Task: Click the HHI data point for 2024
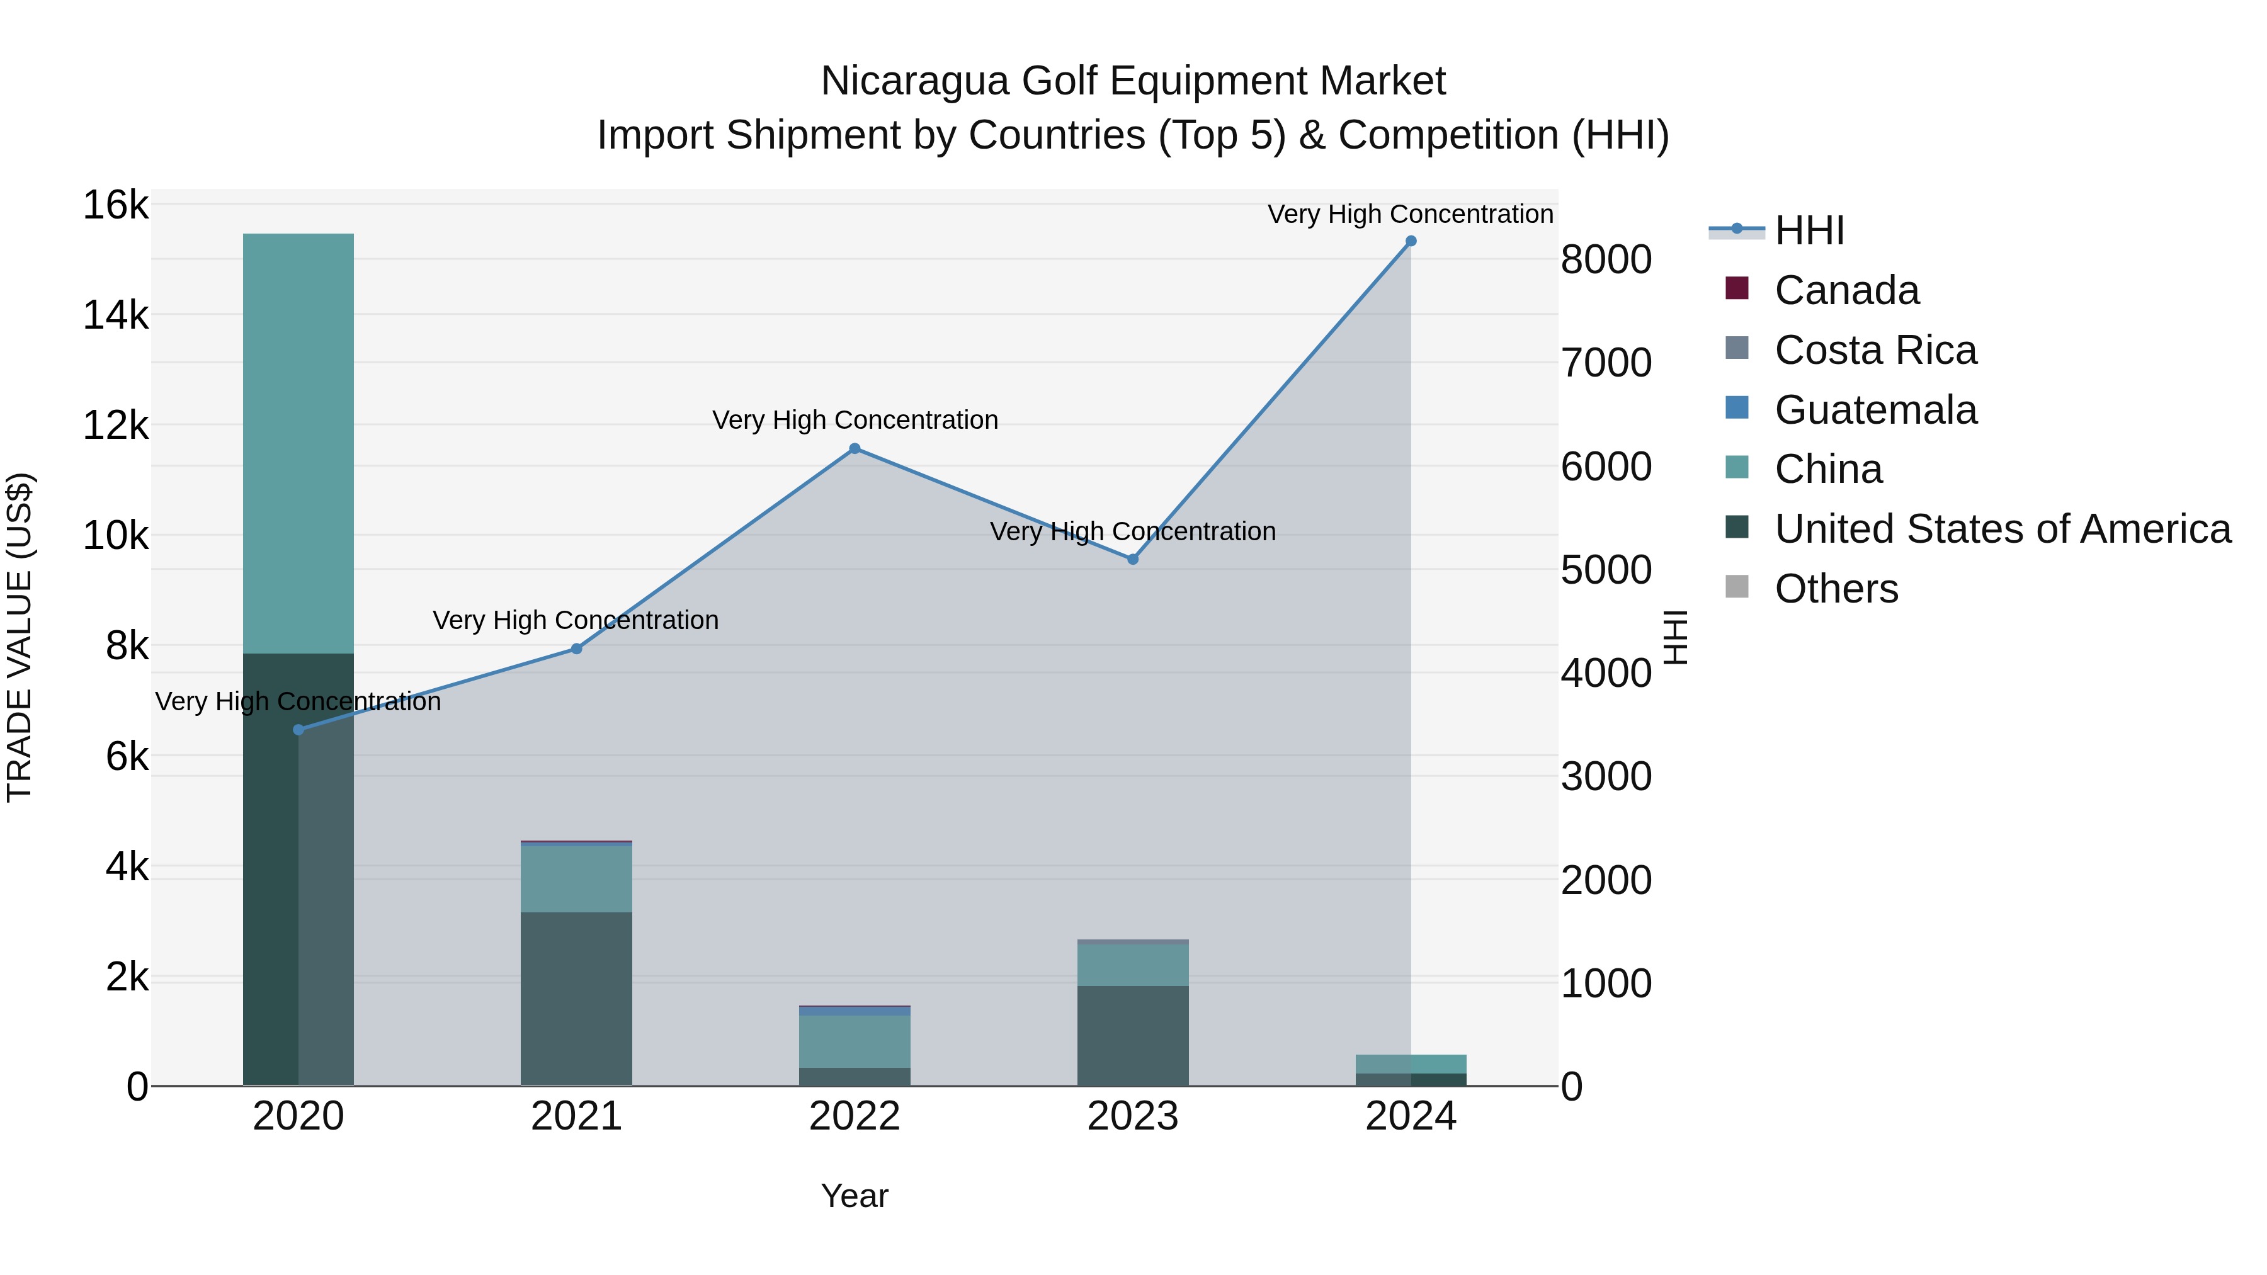(x=1410, y=241)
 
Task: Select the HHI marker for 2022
(x=854, y=449)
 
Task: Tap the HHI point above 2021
(x=576, y=649)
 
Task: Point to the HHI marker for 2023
(x=1133, y=558)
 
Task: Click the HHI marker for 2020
(x=298, y=730)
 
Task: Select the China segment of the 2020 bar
(x=298, y=440)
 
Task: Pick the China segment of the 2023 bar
(x=1133, y=965)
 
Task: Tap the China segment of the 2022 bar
(x=854, y=1041)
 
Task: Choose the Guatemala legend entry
(x=1875, y=410)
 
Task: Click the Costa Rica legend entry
(x=1875, y=350)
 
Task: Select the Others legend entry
(x=1836, y=589)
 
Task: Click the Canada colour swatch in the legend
(x=1736, y=288)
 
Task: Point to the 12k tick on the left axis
(x=115, y=426)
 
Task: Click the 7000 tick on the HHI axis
(x=1606, y=363)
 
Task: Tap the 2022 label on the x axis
(x=854, y=1116)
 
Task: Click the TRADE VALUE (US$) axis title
(x=20, y=637)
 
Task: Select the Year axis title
(x=854, y=1196)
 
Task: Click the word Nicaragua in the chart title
(x=914, y=81)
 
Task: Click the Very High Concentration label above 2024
(x=1410, y=214)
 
